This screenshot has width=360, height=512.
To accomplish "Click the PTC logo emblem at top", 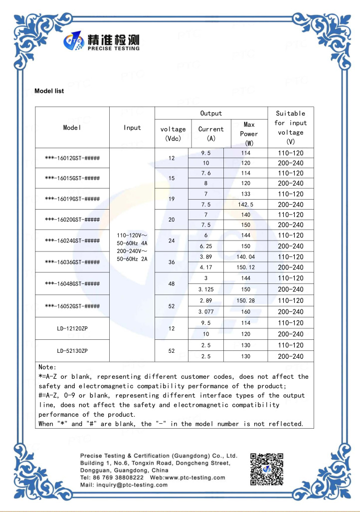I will [74, 43].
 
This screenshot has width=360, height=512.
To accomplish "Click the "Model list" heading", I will [49, 91].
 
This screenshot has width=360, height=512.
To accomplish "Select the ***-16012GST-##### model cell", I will [72, 158].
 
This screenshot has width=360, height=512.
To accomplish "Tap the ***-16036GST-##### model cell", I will [72, 262].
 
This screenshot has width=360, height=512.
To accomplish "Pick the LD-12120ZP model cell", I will [72, 328].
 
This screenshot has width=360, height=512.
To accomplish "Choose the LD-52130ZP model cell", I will [72, 351].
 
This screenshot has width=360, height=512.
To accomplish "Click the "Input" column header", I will [132, 128].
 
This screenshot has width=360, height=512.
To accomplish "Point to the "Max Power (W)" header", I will [249, 134].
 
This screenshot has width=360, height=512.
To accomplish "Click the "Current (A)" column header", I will [211, 134].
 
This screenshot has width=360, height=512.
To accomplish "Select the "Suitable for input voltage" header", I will [291, 128].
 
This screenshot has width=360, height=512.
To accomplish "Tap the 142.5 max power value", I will [246, 205].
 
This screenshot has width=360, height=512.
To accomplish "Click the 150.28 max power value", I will [246, 301].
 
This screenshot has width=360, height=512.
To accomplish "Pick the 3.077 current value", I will [206, 312].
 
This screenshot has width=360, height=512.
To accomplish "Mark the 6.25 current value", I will [206, 246].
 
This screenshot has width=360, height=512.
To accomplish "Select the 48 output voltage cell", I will [172, 283].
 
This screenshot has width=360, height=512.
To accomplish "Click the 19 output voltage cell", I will [172, 199].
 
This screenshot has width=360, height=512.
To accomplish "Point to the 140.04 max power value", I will [246, 256].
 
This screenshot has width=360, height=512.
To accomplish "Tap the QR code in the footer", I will [267, 469].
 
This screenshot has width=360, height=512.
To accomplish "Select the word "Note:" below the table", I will [47, 367].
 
